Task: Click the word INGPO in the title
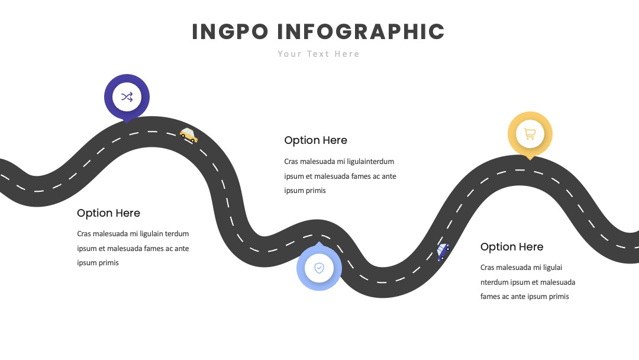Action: tap(230, 32)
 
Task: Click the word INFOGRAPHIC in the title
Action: tap(361, 32)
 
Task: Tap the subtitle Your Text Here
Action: tap(318, 54)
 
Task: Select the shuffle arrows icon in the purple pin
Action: tap(127, 97)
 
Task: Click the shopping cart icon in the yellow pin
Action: tap(530, 133)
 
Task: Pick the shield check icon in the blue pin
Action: tap(319, 268)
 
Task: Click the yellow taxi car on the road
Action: tap(189, 135)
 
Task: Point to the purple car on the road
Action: tap(443, 252)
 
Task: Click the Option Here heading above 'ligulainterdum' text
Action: tap(315, 140)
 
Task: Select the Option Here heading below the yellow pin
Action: tap(511, 247)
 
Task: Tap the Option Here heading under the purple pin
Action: tap(108, 213)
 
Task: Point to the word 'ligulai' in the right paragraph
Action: tap(553, 268)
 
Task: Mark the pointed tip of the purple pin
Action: tap(127, 123)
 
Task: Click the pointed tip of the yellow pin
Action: tap(530, 159)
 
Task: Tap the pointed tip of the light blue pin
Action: tap(319, 242)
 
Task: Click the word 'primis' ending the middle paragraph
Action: tap(315, 191)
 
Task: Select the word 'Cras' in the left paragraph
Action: tap(84, 234)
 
